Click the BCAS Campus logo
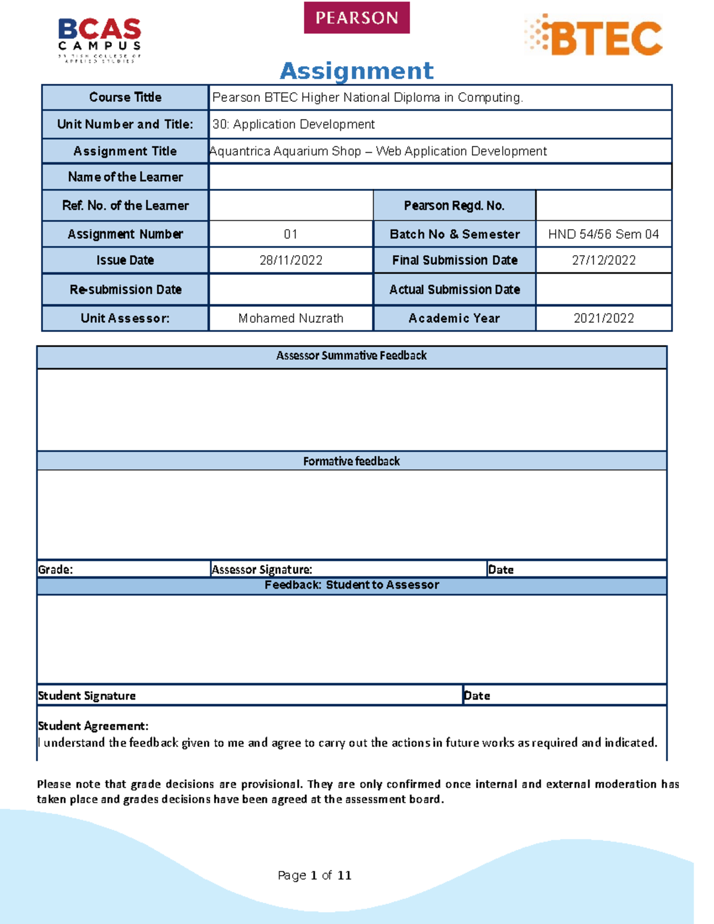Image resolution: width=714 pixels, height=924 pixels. [x=99, y=39]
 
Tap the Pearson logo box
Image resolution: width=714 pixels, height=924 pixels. [x=356, y=18]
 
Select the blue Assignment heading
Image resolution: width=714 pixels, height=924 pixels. [x=356, y=71]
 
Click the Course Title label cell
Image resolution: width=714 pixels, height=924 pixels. [x=125, y=97]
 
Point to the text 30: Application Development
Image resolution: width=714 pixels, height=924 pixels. [x=293, y=124]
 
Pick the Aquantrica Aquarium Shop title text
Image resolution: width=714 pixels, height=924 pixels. [x=378, y=151]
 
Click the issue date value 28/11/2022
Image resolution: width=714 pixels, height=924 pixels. [x=291, y=260]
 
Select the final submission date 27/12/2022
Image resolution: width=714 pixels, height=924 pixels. [x=603, y=260]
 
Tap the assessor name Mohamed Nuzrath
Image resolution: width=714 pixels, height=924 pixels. [x=291, y=318]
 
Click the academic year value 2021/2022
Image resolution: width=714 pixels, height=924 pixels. [x=603, y=318]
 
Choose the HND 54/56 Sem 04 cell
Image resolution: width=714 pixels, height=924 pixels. [x=603, y=234]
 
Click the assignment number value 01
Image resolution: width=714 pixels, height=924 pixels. [x=291, y=234]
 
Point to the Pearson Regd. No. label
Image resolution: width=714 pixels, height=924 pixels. [x=454, y=206]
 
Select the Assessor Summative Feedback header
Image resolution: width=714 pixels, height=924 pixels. [x=351, y=356]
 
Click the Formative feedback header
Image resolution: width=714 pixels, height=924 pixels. [x=351, y=461]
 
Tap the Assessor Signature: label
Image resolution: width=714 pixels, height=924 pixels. [x=262, y=569]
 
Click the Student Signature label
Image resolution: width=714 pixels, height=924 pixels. [x=87, y=696]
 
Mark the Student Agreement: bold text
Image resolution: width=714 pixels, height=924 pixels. [x=93, y=726]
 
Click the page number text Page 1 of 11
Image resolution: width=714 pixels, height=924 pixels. [x=314, y=875]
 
